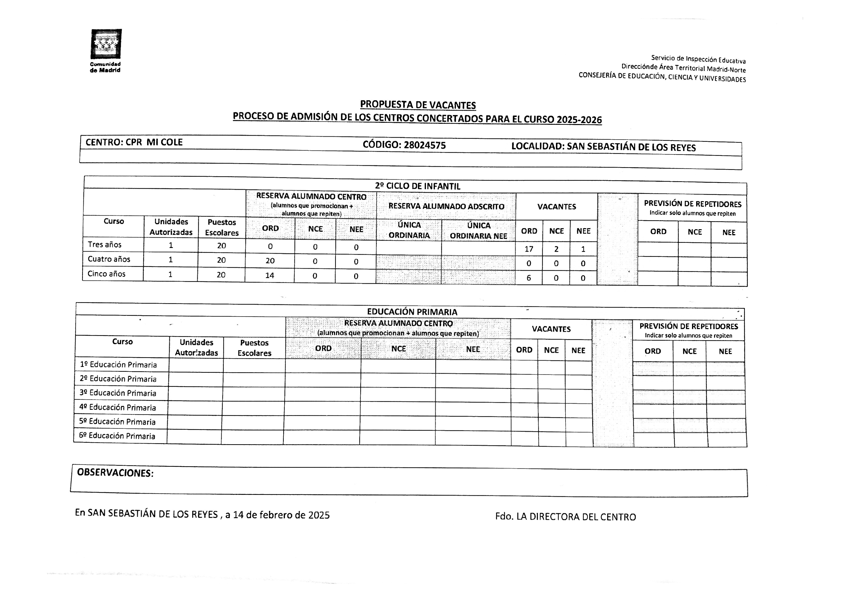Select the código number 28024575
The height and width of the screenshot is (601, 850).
425,145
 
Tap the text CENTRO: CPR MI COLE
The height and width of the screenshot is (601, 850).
134,142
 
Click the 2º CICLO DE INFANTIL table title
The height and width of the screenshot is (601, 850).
417,186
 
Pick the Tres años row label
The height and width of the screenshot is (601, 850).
104,245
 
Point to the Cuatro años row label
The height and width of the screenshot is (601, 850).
109,259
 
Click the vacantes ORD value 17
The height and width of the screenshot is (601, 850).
529,249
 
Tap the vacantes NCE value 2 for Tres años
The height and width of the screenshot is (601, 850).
556,249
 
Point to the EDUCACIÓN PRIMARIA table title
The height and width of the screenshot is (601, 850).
412,312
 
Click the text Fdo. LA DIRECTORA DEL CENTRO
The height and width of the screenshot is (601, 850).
565,517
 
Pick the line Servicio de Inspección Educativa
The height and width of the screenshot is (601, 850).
698,59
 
